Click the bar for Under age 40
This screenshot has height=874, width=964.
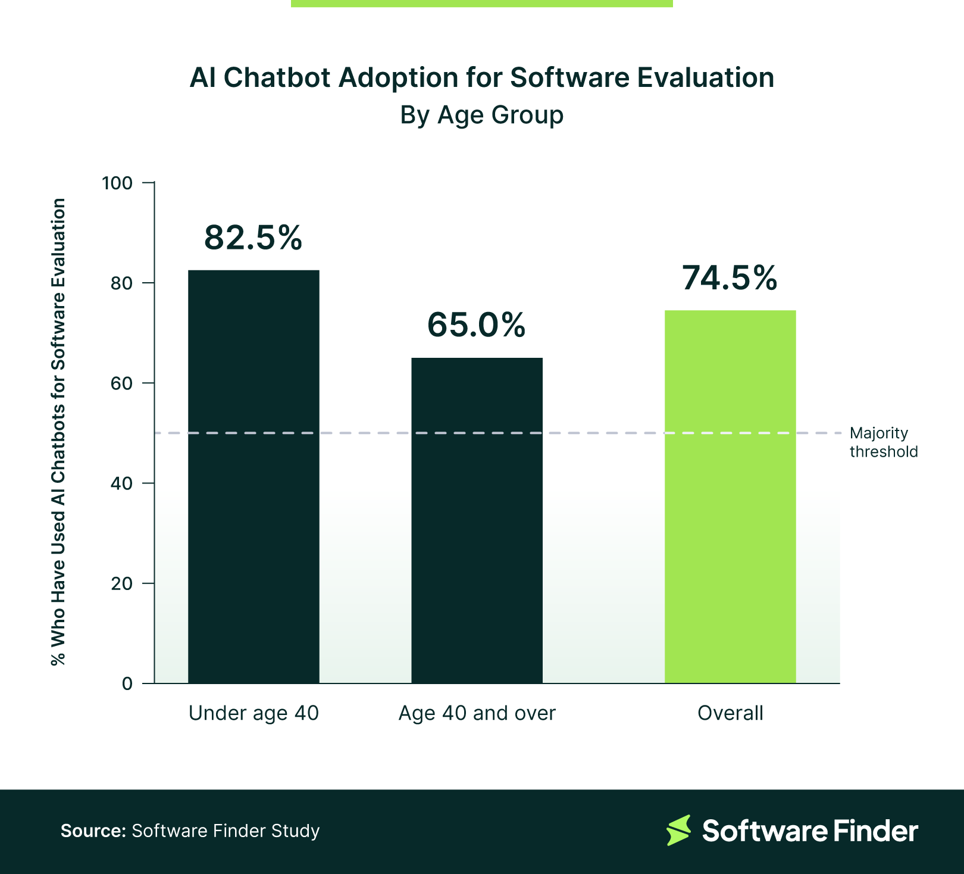[x=253, y=476]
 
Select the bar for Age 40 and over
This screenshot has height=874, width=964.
[x=477, y=520]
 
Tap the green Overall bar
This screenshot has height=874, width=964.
[x=730, y=497]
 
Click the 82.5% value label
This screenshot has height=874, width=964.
[x=253, y=238]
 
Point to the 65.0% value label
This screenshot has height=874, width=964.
[x=477, y=325]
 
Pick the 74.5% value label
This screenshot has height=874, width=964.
[x=730, y=278]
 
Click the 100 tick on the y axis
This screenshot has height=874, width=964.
[x=117, y=183]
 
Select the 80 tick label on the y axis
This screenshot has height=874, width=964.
[x=121, y=283]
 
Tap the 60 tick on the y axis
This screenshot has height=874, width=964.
[x=121, y=383]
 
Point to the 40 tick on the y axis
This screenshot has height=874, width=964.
[x=121, y=483]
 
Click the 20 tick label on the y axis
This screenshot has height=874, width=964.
[x=121, y=583]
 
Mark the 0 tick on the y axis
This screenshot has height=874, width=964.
[x=127, y=683]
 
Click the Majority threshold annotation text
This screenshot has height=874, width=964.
[x=883, y=442]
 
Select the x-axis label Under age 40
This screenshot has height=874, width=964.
[x=253, y=713]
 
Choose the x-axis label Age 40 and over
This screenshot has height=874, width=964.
[x=477, y=713]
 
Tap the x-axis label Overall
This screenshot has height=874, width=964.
[x=730, y=713]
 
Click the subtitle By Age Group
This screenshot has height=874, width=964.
[x=481, y=115]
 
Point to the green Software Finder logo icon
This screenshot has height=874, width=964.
[x=678, y=831]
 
